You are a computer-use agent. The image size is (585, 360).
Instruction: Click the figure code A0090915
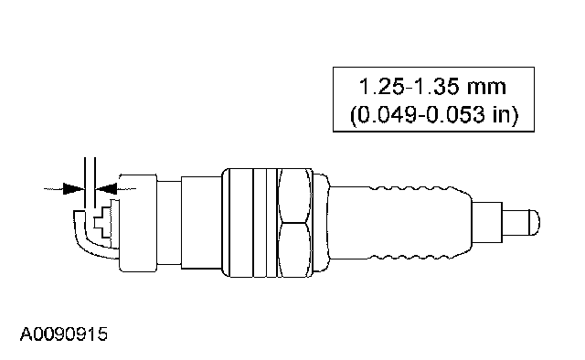pos(63,334)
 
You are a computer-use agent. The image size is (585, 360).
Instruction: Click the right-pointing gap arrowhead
pos(74,188)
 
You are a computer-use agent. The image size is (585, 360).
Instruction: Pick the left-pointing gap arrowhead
pos(106,188)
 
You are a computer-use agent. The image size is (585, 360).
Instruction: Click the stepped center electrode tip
pos(103,223)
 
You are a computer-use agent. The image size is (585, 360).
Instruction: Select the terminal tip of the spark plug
pos(521,223)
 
